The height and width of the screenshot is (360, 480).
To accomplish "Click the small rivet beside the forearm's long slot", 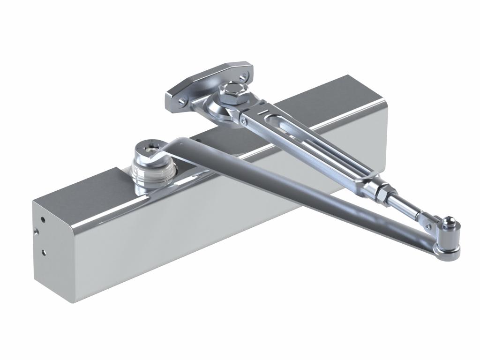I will (x=243, y=121).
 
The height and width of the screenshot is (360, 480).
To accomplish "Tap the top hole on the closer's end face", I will (x=43, y=219).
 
